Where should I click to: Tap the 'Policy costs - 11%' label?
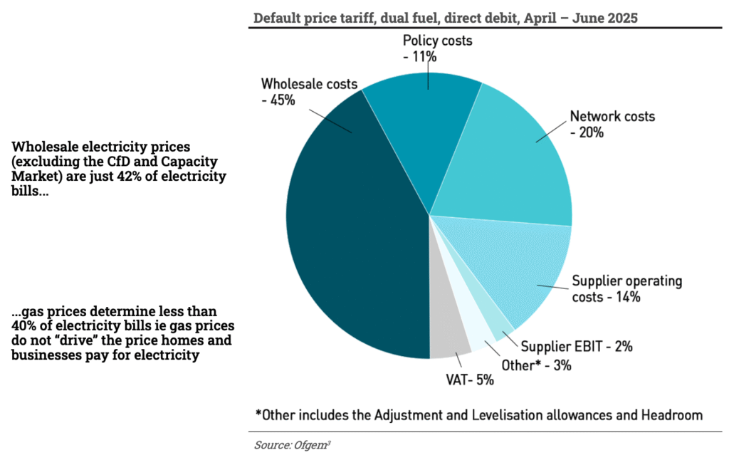coord(437,48)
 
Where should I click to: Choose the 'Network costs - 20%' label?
coord(612,124)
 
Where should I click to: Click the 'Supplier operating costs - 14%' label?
coord(626,288)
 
